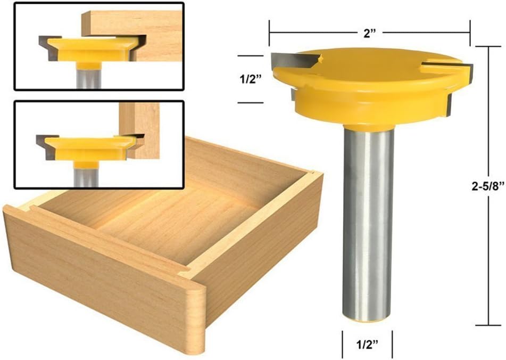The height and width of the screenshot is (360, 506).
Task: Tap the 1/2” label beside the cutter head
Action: [x=251, y=79]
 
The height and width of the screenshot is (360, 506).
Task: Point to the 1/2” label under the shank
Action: [x=367, y=344]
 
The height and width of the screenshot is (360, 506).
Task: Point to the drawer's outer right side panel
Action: [x=261, y=250]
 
